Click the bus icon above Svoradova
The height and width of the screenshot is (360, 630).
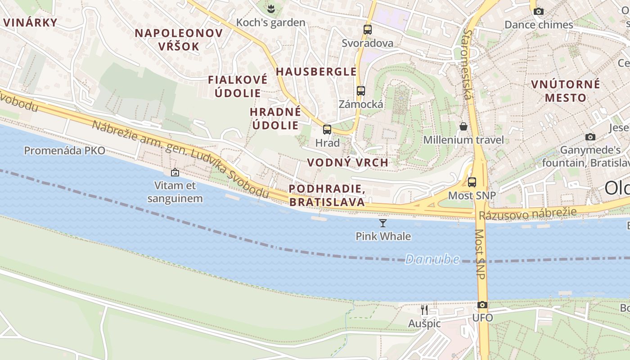pos(368,30)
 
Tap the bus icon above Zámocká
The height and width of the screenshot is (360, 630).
pos(360,90)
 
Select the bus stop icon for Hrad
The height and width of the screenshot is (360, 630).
pos(327,130)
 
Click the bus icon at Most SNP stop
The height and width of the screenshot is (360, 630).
pos(472,182)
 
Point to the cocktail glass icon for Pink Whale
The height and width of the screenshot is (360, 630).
pos(383,223)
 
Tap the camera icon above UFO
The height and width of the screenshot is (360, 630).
pos(482,305)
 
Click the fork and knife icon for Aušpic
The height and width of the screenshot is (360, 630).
pos(424,310)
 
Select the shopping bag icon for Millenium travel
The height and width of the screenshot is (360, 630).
pos(463,126)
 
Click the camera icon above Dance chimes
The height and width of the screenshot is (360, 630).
pos(539,11)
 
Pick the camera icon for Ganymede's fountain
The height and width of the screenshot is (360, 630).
pos(590,137)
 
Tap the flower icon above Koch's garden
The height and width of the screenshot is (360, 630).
pos(271,9)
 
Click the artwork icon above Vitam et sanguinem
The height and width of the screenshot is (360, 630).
pos(175,172)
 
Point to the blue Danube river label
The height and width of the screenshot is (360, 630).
pos(432,259)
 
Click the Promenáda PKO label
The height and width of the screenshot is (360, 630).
pos(64,150)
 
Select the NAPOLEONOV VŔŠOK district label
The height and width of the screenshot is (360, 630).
pos(179,40)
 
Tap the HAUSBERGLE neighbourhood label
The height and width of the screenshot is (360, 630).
pos(316,72)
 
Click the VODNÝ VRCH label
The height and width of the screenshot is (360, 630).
pos(347,162)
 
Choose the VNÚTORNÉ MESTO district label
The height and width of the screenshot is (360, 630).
pos(566,91)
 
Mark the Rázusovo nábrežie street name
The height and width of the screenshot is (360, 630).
pos(527,213)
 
